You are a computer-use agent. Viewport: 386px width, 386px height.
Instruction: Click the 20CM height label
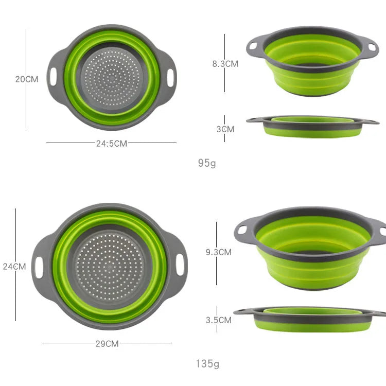(x=27, y=79)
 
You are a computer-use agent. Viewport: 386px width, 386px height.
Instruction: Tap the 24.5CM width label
(x=112, y=144)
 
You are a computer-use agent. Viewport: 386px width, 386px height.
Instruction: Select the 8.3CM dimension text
(x=225, y=64)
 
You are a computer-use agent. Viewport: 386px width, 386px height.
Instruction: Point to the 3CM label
(x=225, y=129)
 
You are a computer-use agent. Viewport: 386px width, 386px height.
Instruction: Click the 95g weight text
(x=207, y=163)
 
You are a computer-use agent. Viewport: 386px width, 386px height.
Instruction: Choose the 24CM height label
(x=14, y=267)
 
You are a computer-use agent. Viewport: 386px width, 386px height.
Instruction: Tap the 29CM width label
(x=107, y=344)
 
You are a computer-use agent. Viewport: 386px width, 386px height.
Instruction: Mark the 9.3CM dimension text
(x=219, y=252)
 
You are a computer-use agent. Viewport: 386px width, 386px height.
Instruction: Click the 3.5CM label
(x=219, y=320)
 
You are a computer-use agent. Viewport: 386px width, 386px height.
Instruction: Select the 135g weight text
(x=207, y=363)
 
